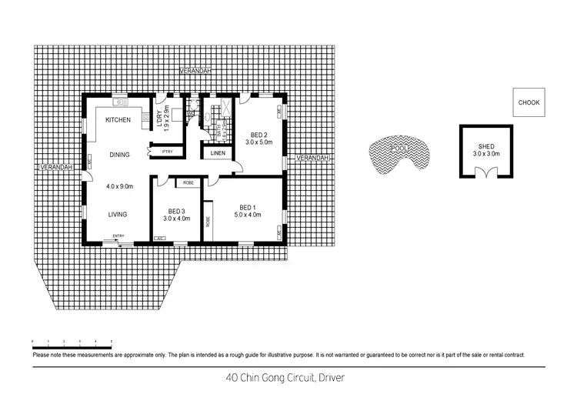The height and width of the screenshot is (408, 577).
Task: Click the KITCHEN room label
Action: click(x=118, y=120)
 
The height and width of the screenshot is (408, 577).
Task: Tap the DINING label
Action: click(x=119, y=155)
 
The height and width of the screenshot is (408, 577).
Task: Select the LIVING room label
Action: click(x=117, y=214)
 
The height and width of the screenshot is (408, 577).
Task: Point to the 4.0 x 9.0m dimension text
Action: click(x=119, y=186)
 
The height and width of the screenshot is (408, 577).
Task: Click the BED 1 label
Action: click(x=247, y=207)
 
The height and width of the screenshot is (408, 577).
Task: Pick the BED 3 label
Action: click(x=176, y=211)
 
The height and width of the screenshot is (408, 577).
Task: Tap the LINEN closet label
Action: click(x=218, y=154)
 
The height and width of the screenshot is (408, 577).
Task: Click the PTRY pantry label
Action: click(x=167, y=152)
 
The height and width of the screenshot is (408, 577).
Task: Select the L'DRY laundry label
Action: click(x=159, y=119)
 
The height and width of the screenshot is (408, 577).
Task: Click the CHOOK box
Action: click(x=529, y=102)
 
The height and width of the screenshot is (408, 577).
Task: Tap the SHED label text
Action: click(x=485, y=146)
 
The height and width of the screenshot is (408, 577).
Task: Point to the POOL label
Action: click(x=399, y=147)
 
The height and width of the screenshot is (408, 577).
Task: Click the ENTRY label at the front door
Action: click(x=118, y=236)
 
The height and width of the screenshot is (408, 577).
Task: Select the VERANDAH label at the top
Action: click(x=195, y=71)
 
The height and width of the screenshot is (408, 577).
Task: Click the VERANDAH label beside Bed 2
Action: click(x=312, y=158)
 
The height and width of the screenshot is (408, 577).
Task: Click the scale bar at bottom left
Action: click(x=72, y=340)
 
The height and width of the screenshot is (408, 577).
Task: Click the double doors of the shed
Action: click(x=485, y=173)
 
